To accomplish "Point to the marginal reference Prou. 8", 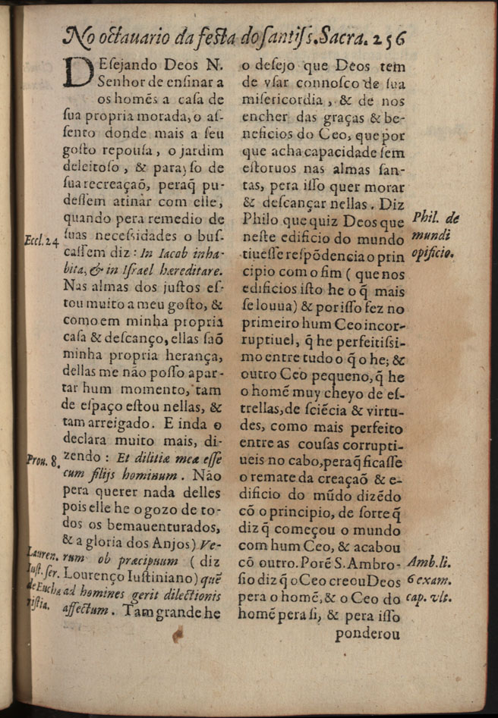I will coord(43,459).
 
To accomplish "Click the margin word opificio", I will coord(433,253).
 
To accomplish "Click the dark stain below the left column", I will coord(177,637).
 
